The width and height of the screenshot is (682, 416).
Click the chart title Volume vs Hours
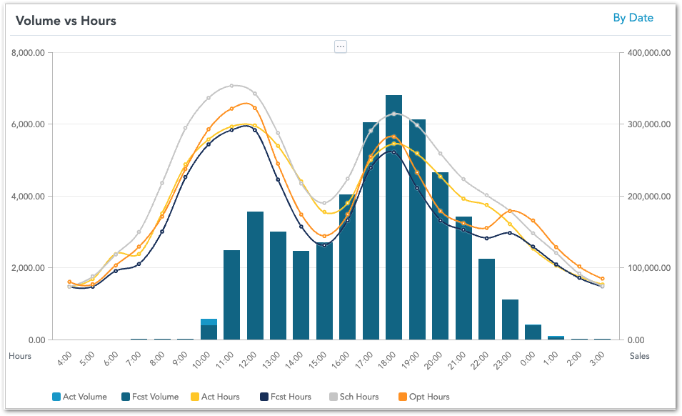point(66,20)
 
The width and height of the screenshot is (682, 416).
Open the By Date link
point(633,18)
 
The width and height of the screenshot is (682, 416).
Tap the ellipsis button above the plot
point(341,46)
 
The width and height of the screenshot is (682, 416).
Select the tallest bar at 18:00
point(393,214)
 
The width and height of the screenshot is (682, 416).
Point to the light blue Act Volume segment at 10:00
point(209,322)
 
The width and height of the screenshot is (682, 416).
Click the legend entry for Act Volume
point(80,397)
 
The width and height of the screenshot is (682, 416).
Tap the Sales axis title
point(640,355)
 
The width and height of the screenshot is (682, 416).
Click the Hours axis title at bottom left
point(20,355)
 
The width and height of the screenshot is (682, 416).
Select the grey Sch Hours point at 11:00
point(231,86)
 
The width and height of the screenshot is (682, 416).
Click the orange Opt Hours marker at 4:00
point(69,282)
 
